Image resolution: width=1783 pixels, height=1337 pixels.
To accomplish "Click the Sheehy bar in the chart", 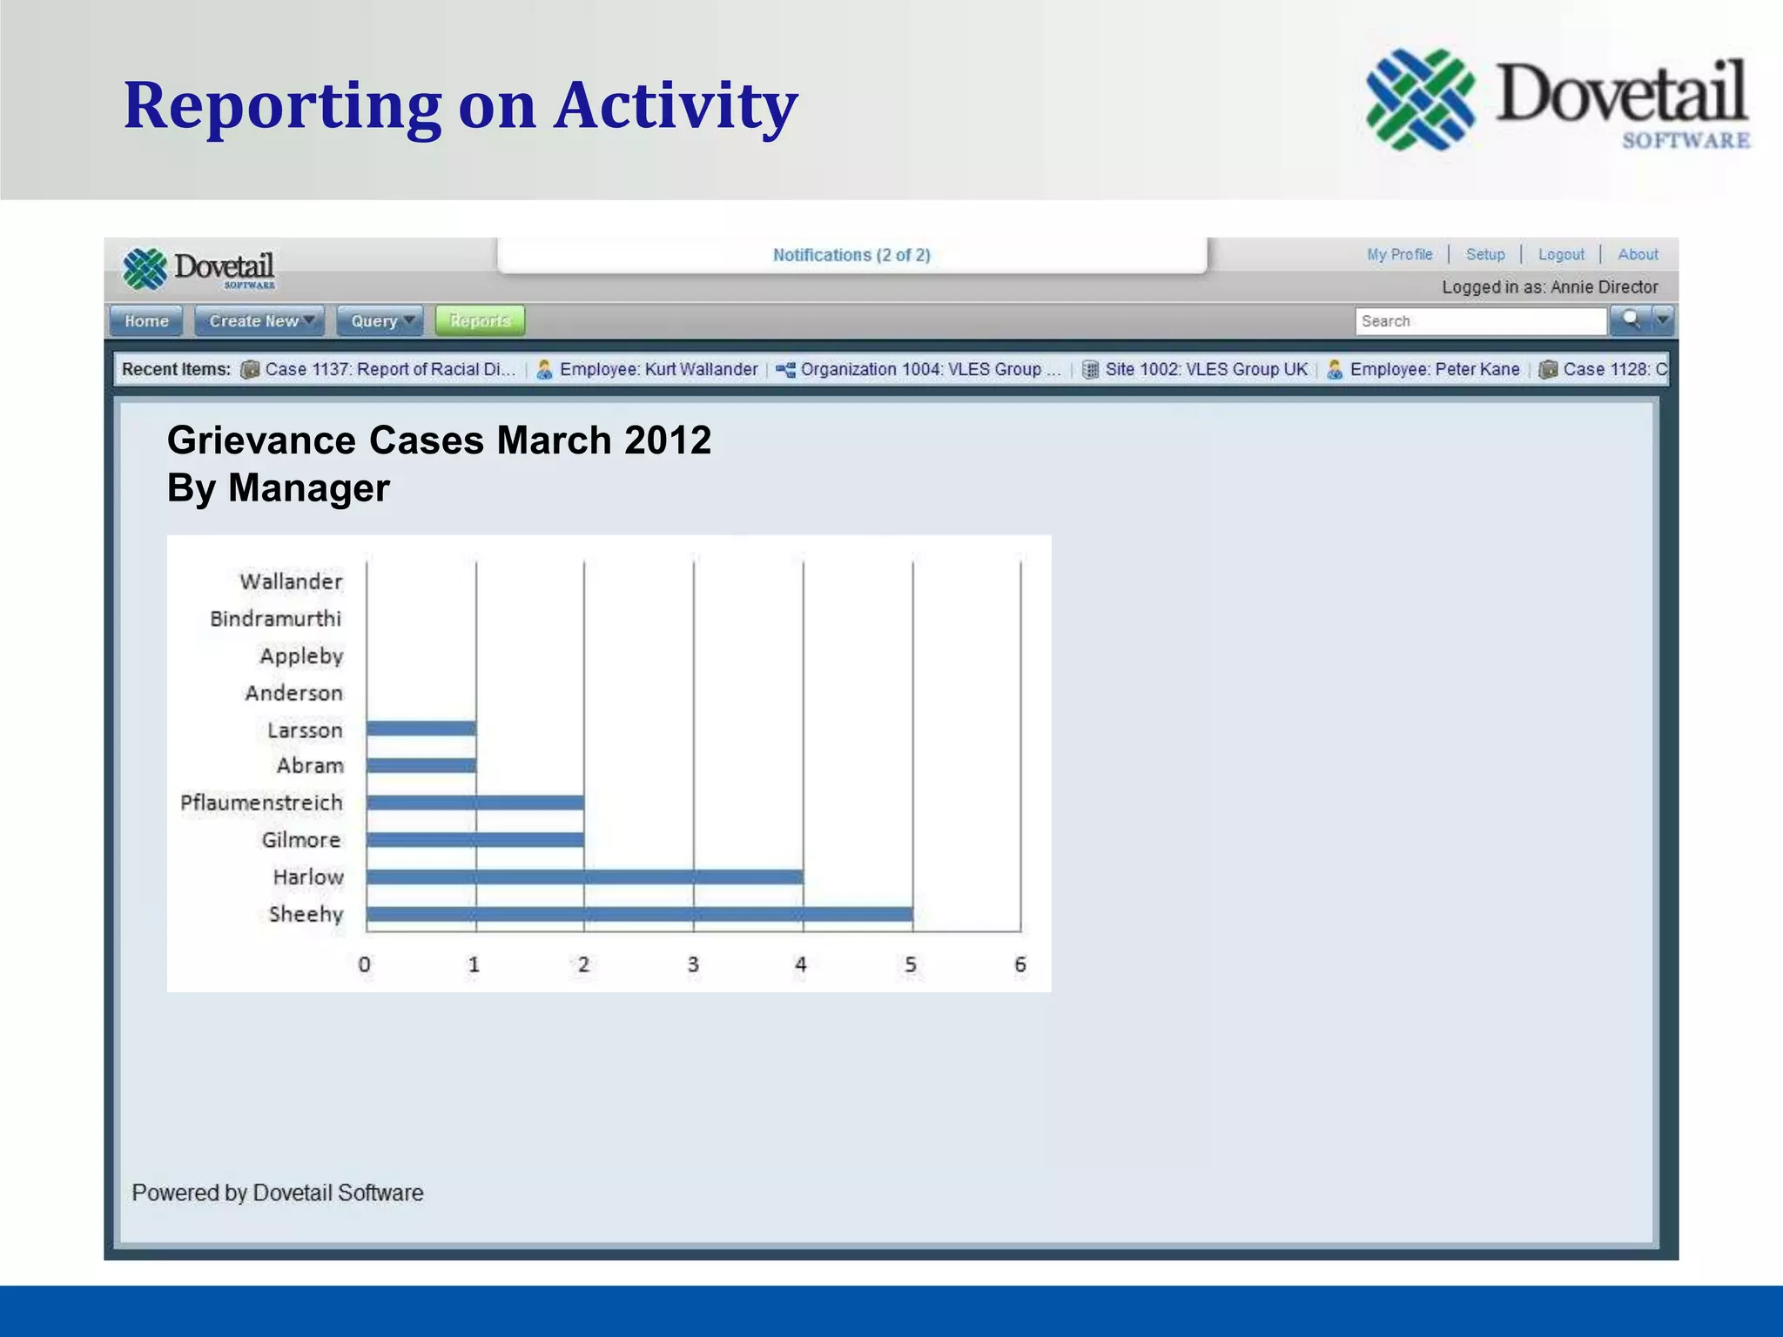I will tap(639, 914).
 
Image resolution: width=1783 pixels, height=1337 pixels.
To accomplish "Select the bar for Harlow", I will tap(584, 877).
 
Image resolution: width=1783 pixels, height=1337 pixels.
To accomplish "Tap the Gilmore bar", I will tap(475, 840).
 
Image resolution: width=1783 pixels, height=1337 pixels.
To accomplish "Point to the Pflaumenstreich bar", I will tap(475, 803).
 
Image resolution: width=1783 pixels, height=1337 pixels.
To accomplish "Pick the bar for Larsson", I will tap(421, 729).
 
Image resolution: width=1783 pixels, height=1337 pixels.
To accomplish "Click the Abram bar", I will tap(421, 766).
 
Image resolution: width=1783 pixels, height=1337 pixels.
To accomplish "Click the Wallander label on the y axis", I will tap(291, 581).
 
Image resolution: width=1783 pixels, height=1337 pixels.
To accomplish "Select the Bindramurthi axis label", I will tap(275, 619).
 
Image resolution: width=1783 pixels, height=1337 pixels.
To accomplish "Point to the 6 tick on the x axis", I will tap(1020, 964).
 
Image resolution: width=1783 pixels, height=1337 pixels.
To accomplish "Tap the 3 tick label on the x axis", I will tap(693, 964).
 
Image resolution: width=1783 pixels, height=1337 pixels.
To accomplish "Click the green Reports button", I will tap(480, 321).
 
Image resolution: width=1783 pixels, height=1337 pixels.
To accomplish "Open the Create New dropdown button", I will tap(259, 321).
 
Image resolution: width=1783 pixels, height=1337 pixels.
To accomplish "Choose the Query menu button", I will tap(380, 321).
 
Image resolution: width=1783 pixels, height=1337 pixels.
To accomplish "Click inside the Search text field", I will tap(1480, 321).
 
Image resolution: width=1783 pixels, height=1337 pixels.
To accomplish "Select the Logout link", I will tap(1561, 254).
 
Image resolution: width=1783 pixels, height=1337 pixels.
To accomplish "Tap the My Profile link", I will tap(1399, 254).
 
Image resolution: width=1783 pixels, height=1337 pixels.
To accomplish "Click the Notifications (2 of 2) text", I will tap(851, 255).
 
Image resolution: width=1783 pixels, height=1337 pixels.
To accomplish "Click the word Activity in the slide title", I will tap(676, 105).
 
